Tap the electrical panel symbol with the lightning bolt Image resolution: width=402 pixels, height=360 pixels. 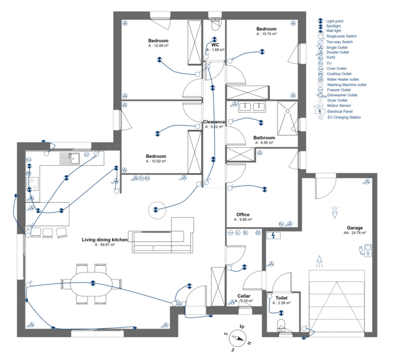pyautogui.click(x=273, y=235)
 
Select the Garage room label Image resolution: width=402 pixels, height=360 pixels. pyautogui.click(x=354, y=228)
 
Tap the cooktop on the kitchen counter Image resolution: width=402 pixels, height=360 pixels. pyautogui.click(x=35, y=184)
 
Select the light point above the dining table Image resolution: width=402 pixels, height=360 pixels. pyautogui.click(x=93, y=283)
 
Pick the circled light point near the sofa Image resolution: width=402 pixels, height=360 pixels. pyautogui.click(x=156, y=210)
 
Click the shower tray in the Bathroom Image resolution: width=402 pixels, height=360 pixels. pyautogui.click(x=288, y=118)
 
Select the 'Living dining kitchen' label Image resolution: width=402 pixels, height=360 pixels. pyautogui.click(x=105, y=239)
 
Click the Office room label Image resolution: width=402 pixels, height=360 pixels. pyautogui.click(x=242, y=215)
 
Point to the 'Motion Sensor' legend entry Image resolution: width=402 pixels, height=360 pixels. pyautogui.click(x=342, y=106)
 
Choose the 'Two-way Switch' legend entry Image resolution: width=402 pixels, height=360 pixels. pyautogui.click(x=340, y=41)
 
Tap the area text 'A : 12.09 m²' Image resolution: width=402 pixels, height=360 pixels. pyautogui.click(x=158, y=45)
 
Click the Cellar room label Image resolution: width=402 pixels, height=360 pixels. pyautogui.click(x=243, y=296)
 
